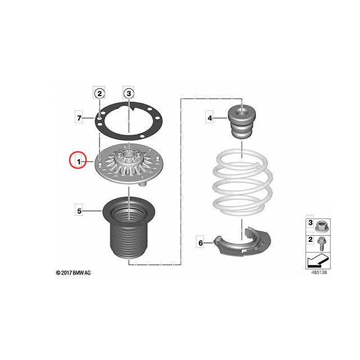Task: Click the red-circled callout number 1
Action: point(79,162)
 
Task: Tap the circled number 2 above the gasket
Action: point(100,93)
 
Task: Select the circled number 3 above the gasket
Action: point(129,93)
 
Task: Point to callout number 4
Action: point(210,118)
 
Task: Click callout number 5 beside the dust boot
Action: point(79,211)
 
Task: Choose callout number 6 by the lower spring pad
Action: point(200,242)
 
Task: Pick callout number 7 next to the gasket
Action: point(79,118)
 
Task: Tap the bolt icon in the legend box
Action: point(321,244)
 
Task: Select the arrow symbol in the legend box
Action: point(318,260)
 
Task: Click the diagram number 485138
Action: point(319,272)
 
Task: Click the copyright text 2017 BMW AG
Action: point(73,273)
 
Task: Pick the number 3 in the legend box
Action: point(310,223)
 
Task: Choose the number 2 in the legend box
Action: point(310,240)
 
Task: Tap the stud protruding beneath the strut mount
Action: point(143,183)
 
